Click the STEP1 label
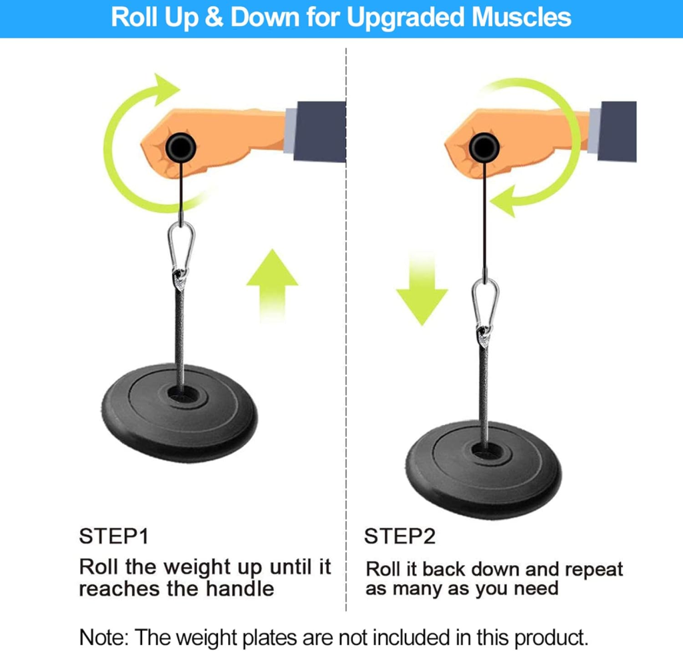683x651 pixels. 113,536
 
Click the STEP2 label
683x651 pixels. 400,536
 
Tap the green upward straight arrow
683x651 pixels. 272,285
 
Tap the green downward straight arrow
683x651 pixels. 422,288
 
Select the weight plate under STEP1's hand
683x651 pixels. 179,412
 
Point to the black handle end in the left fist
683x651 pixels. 181,148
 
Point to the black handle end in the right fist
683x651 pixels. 484,148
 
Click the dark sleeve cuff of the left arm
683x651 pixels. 320,131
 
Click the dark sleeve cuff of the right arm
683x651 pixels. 617,131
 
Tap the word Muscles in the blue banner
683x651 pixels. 522,17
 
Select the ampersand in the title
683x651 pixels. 213,17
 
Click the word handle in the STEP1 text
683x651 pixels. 239,589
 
